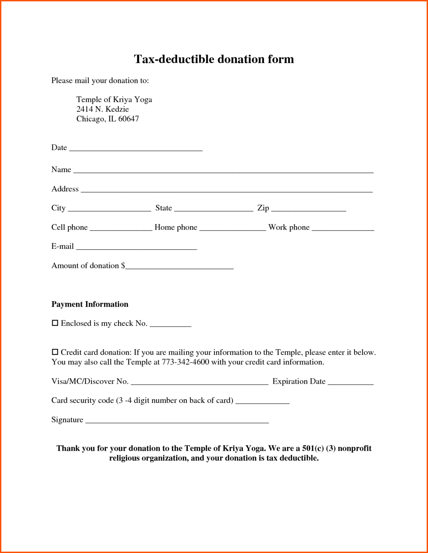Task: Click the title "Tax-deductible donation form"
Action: [214, 59]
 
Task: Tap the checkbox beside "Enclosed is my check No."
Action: [55, 323]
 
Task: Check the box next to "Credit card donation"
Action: [55, 352]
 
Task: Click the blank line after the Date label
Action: [136, 149]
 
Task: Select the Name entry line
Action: [223, 171]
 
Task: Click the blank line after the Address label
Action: [226, 190]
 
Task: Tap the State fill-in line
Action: [213, 209]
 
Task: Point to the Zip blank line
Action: [308, 209]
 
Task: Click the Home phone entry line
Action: [232, 229]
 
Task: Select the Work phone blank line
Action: [343, 229]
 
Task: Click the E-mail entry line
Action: [136, 248]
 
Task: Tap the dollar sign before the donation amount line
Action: [123, 266]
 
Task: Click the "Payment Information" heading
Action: [90, 304]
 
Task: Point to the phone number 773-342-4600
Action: [185, 362]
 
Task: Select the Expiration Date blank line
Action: [350, 383]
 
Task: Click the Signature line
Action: [177, 421]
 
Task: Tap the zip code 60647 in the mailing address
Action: [129, 119]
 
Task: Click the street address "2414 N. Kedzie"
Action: [103, 109]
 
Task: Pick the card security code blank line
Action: [262, 402]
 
